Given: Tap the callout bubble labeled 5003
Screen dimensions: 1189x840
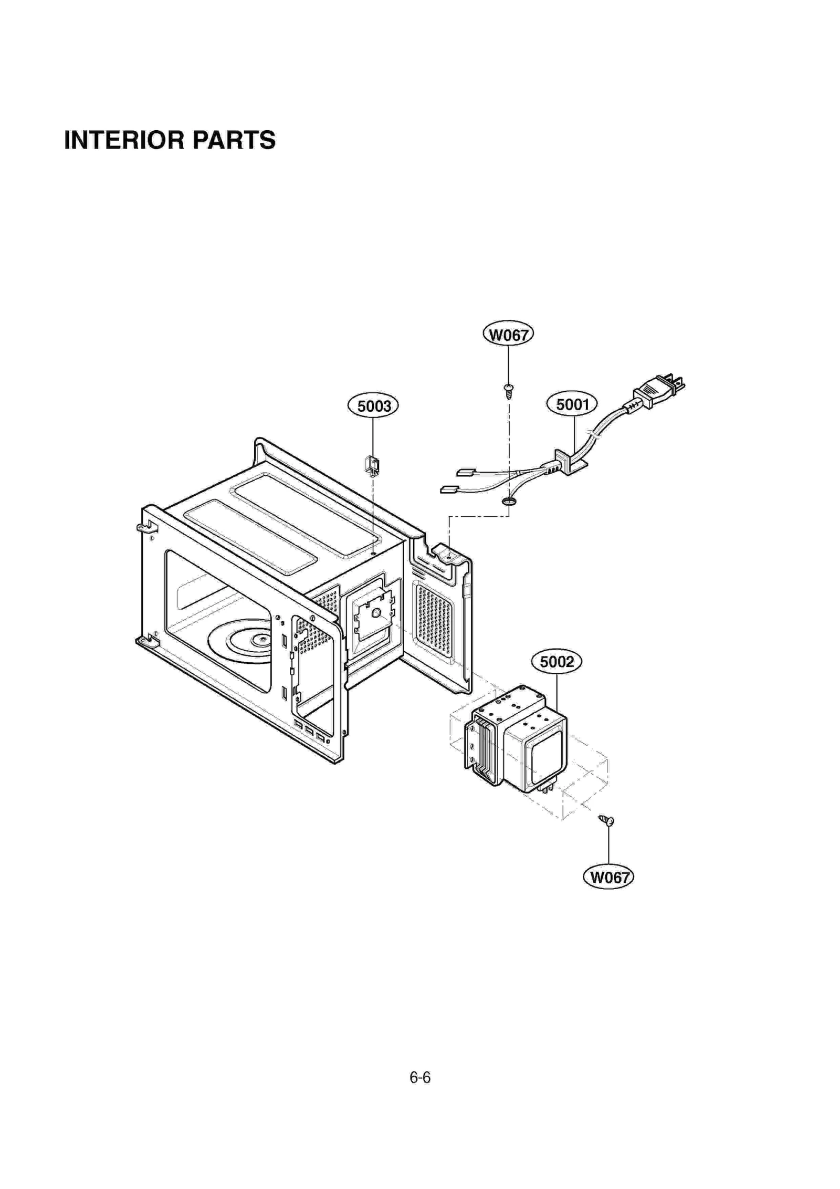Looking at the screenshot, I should pyautogui.click(x=373, y=405).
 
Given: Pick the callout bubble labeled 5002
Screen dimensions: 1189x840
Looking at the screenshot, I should pyautogui.click(x=556, y=661).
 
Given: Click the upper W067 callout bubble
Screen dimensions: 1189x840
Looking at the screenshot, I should pyautogui.click(x=508, y=335).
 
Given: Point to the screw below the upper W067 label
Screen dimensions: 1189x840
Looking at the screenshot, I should pyautogui.click(x=508, y=390).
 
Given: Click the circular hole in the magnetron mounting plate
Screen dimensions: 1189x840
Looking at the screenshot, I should pyautogui.click(x=376, y=613).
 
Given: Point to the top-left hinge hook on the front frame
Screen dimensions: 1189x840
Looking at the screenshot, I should pyautogui.click(x=144, y=526).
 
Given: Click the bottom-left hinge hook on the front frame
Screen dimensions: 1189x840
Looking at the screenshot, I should pyautogui.click(x=145, y=640).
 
